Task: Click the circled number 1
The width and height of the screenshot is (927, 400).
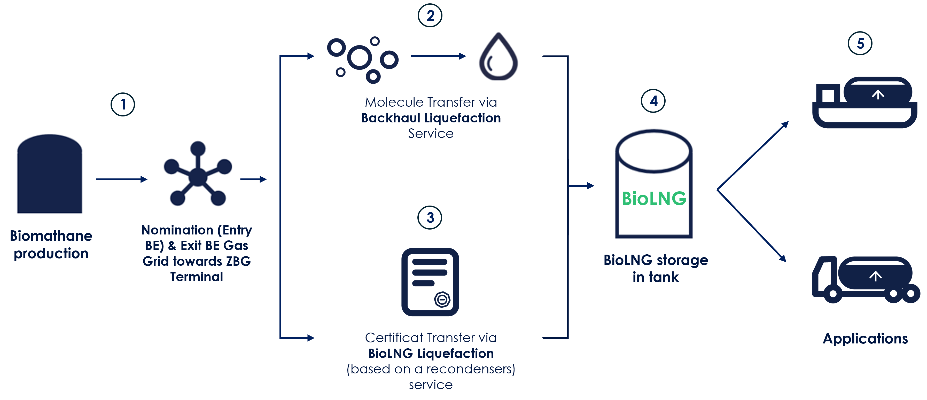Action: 123,105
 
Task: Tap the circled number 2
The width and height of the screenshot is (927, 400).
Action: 430,16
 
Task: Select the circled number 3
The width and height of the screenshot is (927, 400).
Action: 430,218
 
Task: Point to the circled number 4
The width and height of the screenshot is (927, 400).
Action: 653,101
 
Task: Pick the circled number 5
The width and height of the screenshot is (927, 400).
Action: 860,44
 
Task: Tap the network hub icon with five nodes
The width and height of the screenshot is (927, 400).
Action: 197,174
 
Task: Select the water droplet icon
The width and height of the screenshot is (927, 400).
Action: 498,57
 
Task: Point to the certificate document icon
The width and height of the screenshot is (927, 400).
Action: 430,282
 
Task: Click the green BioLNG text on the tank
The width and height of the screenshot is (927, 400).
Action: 654,199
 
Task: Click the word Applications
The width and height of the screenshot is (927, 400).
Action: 865,339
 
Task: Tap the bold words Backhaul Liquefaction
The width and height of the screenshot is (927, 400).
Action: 431,118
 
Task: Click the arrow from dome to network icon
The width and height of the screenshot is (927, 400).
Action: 122,179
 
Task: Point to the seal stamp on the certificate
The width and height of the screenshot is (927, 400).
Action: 442,299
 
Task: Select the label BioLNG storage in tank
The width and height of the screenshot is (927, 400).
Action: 656,268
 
